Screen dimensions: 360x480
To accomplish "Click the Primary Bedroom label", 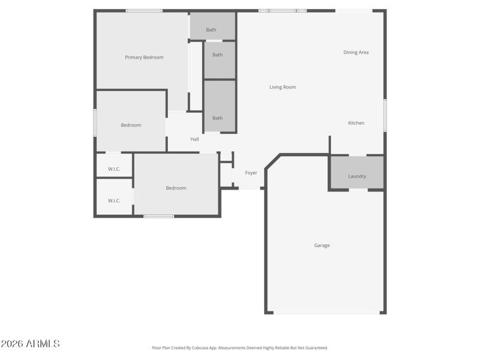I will point(144,58).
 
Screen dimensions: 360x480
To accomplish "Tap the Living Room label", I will point(283,88).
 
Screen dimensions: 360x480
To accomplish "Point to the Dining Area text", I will point(356,53).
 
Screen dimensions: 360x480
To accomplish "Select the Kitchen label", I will point(356,124).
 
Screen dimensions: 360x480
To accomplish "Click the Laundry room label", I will point(357,176).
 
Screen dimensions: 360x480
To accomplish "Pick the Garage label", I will point(322,245).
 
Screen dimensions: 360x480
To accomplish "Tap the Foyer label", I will point(251,173).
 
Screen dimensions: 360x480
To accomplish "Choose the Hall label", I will point(194,139).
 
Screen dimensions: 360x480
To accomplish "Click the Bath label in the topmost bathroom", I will point(211,30).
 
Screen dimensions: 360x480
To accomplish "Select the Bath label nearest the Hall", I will point(218,118).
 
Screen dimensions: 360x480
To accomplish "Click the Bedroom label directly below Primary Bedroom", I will point(131,125).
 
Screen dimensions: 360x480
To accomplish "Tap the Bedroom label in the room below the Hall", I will point(176,188).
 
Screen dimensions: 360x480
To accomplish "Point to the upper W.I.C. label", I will point(114,169).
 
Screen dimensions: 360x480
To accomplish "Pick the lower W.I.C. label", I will point(114,201).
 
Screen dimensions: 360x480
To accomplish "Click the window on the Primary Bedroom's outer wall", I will point(144,11).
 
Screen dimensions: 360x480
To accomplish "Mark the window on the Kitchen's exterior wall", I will point(385,115).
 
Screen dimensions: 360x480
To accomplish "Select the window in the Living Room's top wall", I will point(282,11).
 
